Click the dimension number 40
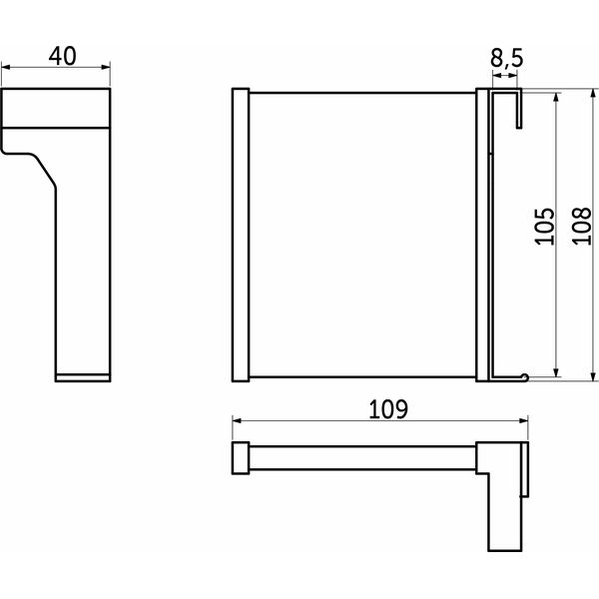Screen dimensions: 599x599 click(x=62, y=56)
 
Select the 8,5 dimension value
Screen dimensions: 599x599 click(x=506, y=59)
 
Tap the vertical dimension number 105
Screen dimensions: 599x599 click(x=544, y=227)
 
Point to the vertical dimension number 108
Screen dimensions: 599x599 click(x=581, y=227)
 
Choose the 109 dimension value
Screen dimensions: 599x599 click(x=388, y=409)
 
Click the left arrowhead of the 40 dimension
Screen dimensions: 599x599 click(x=6, y=68)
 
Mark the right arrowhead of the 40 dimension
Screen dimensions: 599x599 click(x=106, y=68)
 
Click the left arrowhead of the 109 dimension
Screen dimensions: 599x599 click(x=237, y=421)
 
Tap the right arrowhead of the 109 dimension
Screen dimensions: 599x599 click(x=523, y=421)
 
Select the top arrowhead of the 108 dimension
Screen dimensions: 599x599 click(x=593, y=93)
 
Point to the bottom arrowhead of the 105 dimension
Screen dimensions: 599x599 click(x=556, y=372)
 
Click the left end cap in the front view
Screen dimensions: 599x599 click(x=241, y=235)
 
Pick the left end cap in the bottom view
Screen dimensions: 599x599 click(x=241, y=458)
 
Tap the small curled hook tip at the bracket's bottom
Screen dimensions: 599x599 click(x=525, y=377)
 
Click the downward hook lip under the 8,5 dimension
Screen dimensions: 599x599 click(x=519, y=110)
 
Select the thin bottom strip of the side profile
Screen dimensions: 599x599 click(x=83, y=377)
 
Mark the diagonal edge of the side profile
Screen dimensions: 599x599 click(x=46, y=172)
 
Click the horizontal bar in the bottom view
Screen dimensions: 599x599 click(x=362, y=457)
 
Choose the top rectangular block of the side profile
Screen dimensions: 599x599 click(x=56, y=108)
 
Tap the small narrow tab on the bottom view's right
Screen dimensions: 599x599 click(x=524, y=469)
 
